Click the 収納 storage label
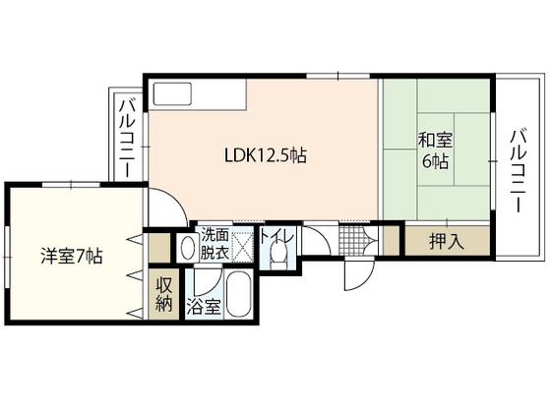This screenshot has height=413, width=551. (164, 295)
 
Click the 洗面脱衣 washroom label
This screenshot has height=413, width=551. (215, 243)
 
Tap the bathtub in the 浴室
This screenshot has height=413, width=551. (238, 293)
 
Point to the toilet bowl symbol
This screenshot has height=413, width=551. (281, 254)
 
